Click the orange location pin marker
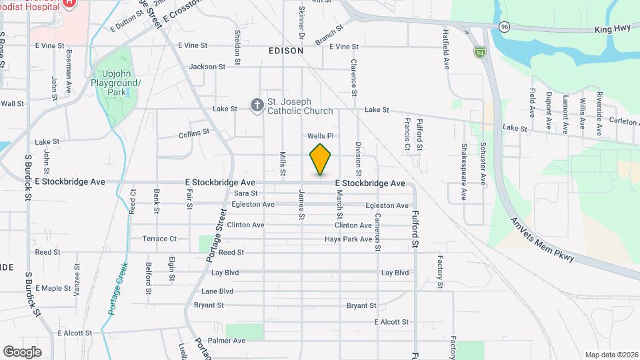321,159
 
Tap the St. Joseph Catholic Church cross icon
257,105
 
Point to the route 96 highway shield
505,27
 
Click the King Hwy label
612,30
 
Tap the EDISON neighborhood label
286,51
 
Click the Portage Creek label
117,287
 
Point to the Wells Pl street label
319,136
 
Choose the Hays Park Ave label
348,239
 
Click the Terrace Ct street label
159,239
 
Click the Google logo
22,351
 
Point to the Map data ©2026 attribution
611,355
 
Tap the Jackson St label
207,67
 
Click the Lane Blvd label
217,291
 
